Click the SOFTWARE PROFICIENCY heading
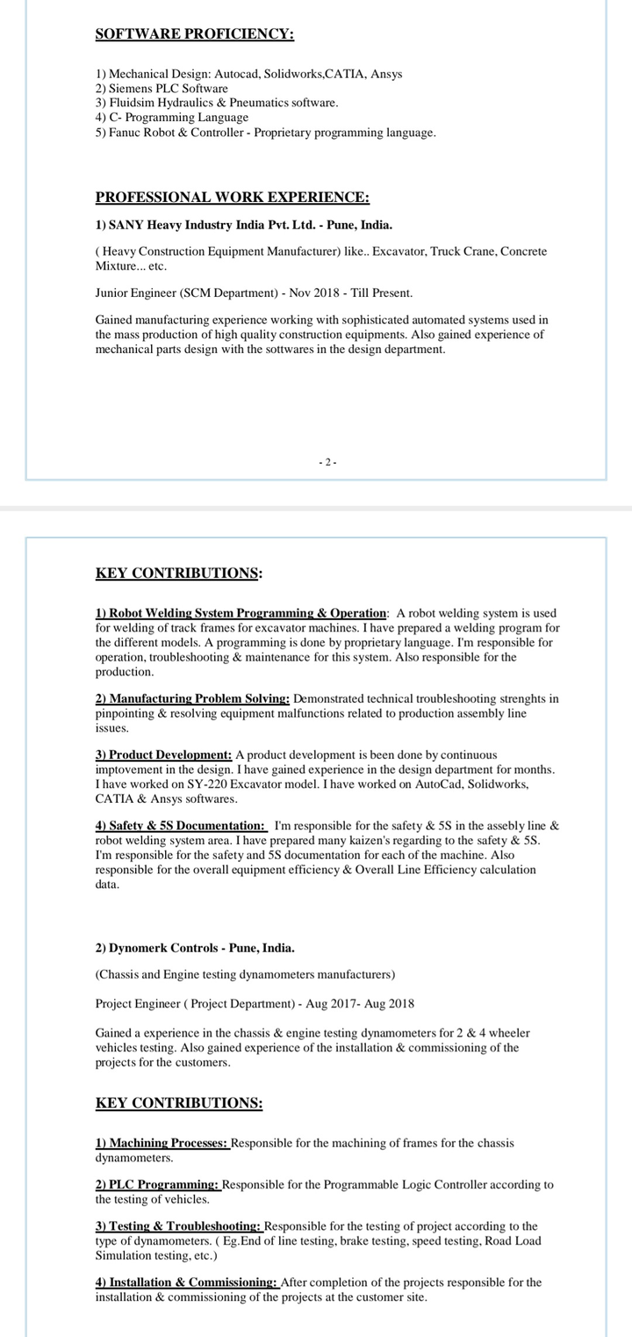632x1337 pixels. [194, 34]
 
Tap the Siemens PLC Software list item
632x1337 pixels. [162, 89]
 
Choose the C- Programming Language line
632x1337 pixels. [171, 117]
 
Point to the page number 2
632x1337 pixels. [327, 462]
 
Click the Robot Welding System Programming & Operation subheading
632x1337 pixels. [241, 613]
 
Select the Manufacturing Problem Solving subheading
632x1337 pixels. [192, 698]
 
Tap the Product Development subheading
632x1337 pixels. [163, 755]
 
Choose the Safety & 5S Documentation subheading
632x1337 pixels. [180, 826]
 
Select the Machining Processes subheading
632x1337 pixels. [162, 1143]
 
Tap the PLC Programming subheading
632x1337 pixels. [158, 1185]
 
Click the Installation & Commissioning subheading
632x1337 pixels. [186, 1283]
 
